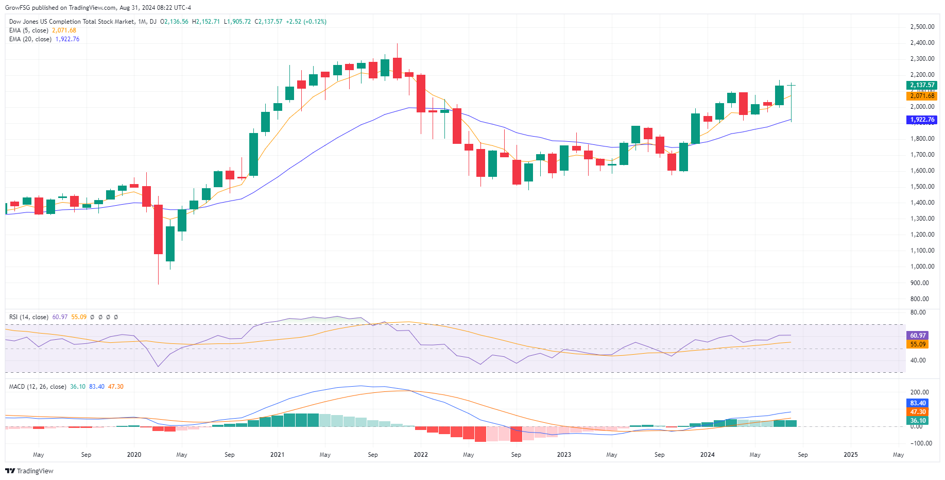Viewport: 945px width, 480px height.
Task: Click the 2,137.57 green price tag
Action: (x=921, y=85)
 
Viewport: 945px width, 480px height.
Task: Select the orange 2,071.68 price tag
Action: (x=921, y=96)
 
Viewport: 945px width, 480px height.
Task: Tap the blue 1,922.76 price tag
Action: (x=921, y=120)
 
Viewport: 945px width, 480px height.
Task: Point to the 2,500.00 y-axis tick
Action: (x=922, y=27)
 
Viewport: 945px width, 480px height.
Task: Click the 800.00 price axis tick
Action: (x=919, y=299)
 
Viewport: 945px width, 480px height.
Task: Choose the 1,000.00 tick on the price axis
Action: (x=922, y=267)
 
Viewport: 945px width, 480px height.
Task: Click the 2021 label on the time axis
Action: (x=277, y=455)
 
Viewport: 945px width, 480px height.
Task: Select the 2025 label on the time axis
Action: (x=850, y=455)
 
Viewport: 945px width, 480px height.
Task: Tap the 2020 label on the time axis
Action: (x=134, y=455)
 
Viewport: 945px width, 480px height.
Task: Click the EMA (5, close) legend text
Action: (x=29, y=30)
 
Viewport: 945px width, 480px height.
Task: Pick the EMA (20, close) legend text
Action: (x=30, y=39)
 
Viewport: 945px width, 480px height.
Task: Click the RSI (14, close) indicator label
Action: (x=29, y=317)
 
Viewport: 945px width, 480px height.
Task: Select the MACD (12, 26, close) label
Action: (x=38, y=387)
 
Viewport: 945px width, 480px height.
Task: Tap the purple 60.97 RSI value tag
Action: (x=918, y=336)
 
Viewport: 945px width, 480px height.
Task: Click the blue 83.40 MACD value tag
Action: (x=918, y=403)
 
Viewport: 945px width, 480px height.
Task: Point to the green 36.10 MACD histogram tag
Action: (x=918, y=421)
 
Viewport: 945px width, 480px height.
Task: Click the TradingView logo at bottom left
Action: (x=29, y=471)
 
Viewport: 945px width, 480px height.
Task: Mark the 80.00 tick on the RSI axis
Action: (x=918, y=312)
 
